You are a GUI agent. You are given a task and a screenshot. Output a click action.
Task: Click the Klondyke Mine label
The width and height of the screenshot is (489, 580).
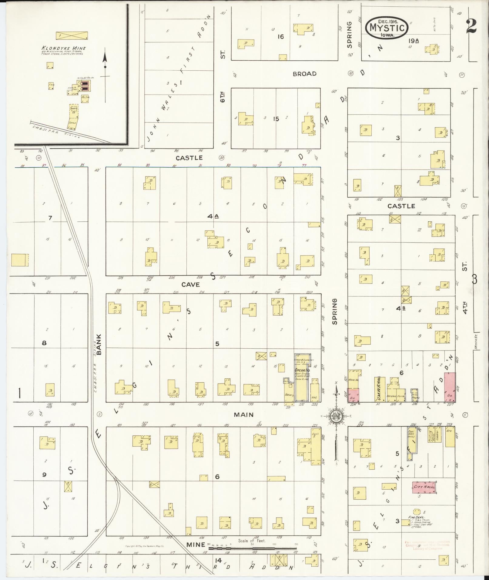64,48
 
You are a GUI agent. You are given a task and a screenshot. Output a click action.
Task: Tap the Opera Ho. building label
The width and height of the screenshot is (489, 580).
300,370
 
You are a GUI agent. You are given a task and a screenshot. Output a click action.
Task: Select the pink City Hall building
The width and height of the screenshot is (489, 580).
424,487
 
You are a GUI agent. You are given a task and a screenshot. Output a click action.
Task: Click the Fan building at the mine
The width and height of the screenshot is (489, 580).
51,86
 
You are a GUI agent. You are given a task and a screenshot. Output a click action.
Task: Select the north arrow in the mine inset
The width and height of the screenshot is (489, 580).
105,75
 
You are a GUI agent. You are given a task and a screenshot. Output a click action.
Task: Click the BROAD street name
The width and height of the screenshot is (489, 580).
305,74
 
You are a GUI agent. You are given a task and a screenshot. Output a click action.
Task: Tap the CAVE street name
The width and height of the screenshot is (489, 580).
190,284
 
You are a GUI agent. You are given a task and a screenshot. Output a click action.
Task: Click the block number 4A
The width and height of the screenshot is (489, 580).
213,216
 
